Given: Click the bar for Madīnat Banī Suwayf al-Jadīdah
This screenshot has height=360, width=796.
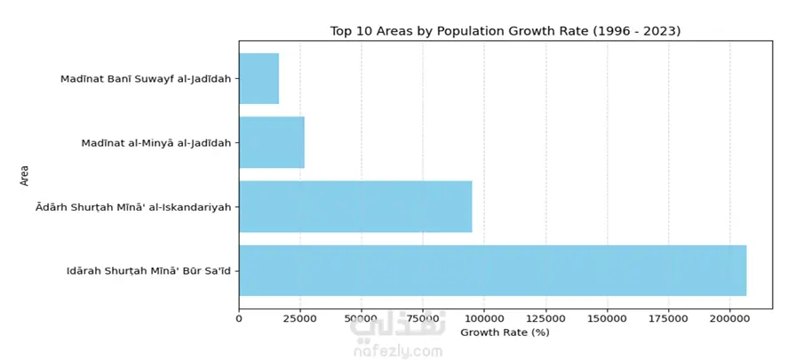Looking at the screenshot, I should (x=259, y=78).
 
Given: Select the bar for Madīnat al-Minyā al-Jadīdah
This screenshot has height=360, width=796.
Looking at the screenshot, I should (x=271, y=142).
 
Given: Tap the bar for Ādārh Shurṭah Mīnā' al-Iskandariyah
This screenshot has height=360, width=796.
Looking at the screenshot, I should (x=355, y=206).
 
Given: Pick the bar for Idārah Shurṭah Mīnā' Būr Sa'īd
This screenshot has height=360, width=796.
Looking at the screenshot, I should (x=492, y=270).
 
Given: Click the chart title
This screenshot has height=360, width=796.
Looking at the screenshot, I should (x=505, y=31).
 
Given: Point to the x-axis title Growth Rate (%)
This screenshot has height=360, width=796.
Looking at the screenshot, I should (x=505, y=332).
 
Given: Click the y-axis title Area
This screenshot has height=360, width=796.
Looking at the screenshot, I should (x=25, y=174).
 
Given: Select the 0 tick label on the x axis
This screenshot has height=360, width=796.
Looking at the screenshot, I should (x=239, y=317).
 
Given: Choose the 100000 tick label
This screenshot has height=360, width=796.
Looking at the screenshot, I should (x=484, y=317).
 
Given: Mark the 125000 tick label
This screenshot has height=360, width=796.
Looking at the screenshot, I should (x=545, y=317).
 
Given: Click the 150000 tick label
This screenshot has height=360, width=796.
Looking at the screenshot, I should (x=607, y=317).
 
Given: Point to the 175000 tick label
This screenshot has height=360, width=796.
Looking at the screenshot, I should (x=668, y=317).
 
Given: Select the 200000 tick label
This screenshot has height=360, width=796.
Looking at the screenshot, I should (x=729, y=317).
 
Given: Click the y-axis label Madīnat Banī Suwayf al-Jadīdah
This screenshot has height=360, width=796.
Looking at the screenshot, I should (x=146, y=79).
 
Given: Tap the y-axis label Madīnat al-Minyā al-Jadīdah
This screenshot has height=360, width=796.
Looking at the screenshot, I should (x=155, y=143).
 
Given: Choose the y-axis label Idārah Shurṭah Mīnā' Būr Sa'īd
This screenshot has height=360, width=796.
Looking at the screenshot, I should (x=148, y=271).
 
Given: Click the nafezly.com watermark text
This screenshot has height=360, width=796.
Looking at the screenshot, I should (x=397, y=350).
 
